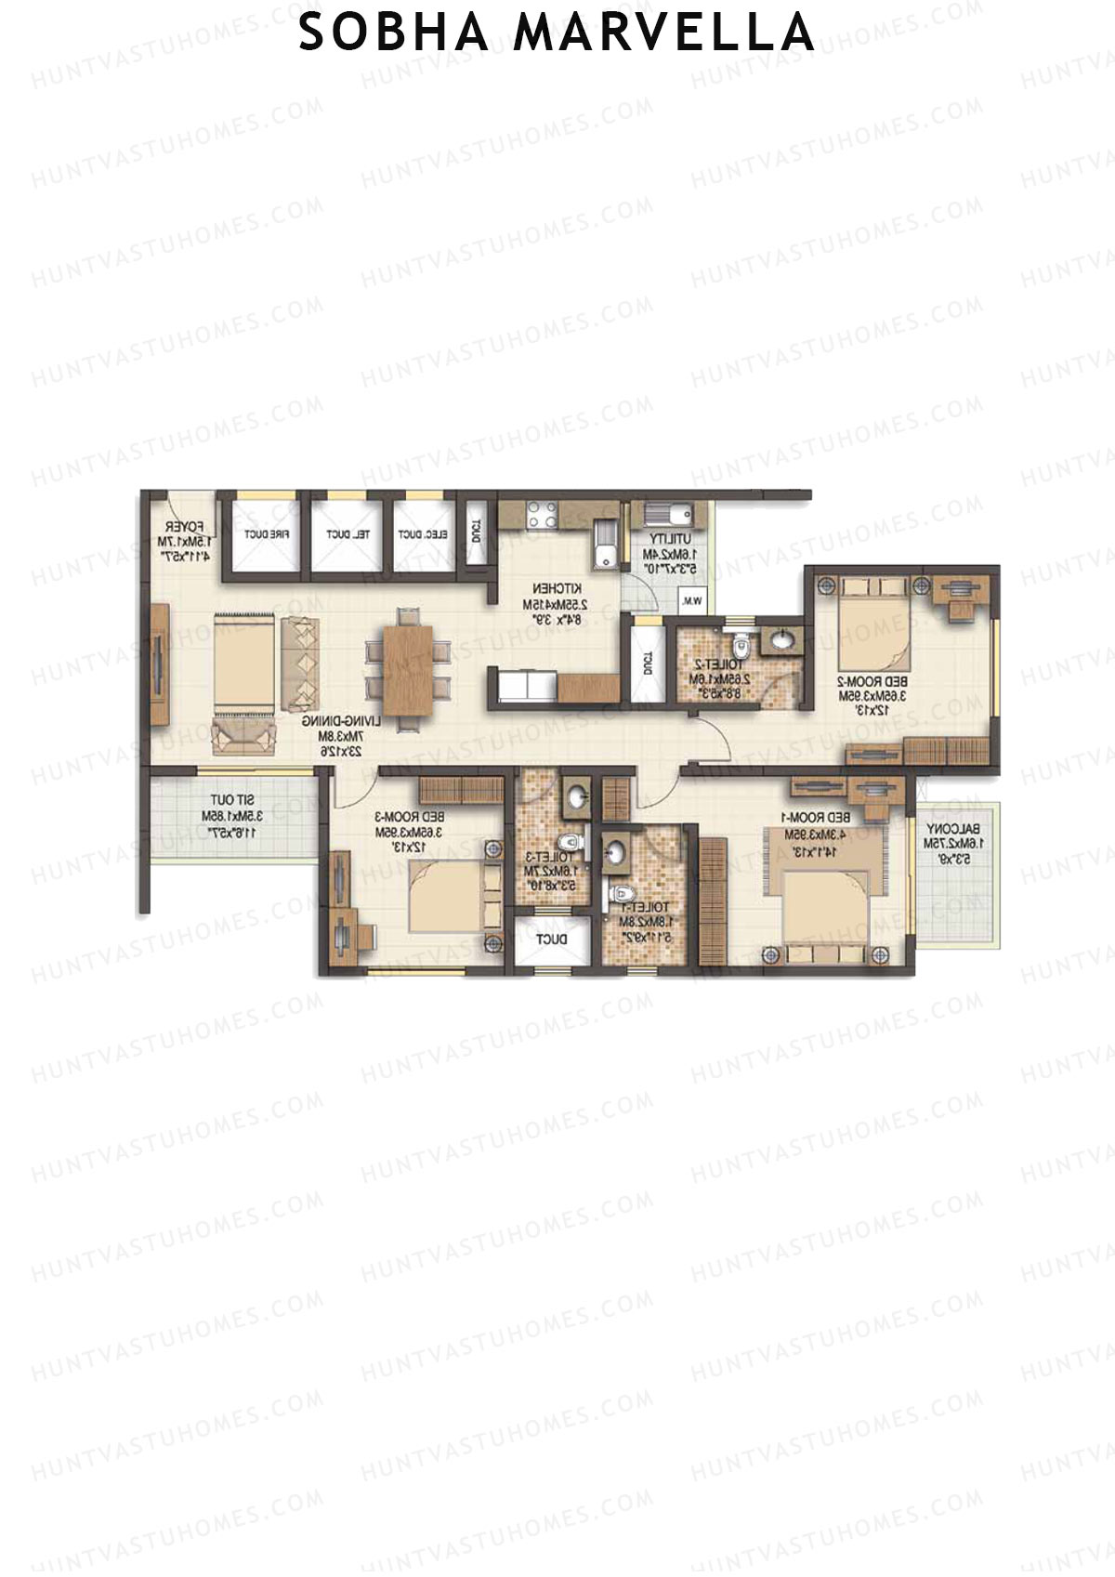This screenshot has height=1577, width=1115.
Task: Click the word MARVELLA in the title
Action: (x=664, y=33)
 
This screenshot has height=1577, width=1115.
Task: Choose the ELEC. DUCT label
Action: (x=424, y=534)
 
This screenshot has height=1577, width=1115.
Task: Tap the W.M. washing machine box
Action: (x=691, y=601)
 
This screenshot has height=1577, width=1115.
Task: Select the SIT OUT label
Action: (x=232, y=800)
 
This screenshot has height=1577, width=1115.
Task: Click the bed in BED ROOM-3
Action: (x=451, y=896)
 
